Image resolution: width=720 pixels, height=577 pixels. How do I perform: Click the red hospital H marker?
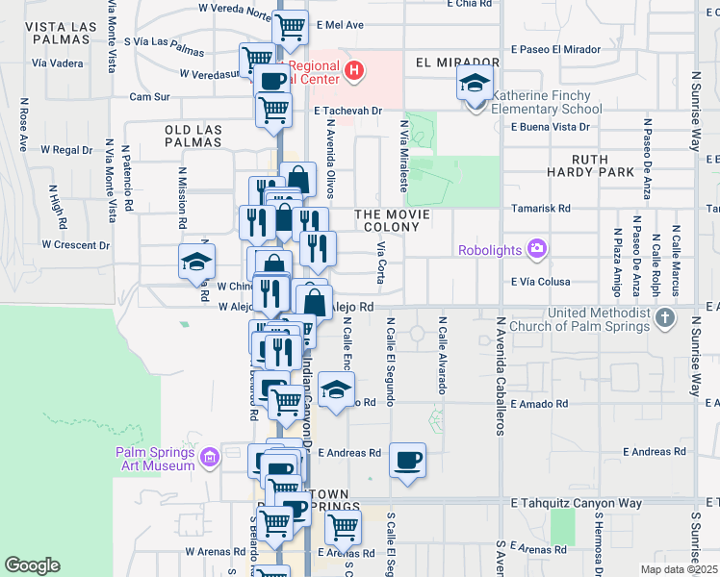pos(354,70)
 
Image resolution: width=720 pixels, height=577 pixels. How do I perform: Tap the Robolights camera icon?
pos(536,250)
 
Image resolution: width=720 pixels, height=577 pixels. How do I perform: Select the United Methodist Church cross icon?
pos(664,317)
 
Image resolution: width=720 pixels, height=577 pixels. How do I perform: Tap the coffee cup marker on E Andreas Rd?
pos(407,459)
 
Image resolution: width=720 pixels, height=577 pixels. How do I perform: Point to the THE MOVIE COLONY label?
pos(388,220)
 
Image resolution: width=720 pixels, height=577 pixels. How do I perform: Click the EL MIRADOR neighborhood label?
pos(446,63)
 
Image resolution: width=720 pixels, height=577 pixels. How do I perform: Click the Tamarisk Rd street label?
pos(543,208)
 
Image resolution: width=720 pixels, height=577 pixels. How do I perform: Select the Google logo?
pos(32,565)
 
